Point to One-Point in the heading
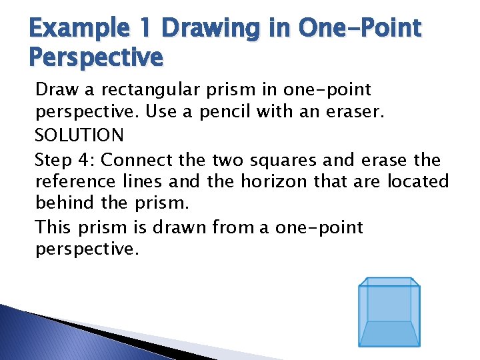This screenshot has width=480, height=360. pyautogui.click(x=360, y=29)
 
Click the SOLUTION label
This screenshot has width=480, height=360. pyautogui.click(x=79, y=135)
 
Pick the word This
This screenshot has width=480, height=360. pyautogui.click(x=52, y=227)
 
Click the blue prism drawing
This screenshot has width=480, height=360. pyautogui.click(x=389, y=312)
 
